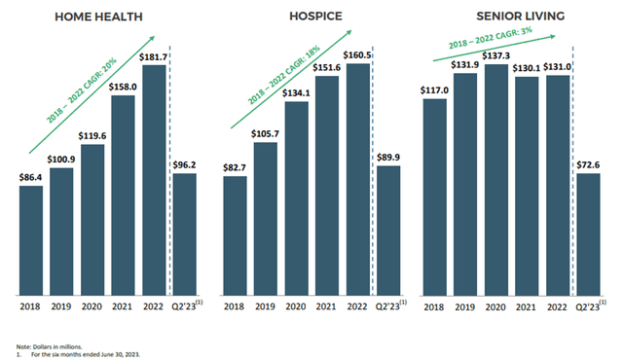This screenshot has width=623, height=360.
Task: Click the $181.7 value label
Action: (x=154, y=57)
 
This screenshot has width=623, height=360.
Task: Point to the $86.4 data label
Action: (x=31, y=177)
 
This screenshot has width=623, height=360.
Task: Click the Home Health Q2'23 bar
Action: (x=185, y=234)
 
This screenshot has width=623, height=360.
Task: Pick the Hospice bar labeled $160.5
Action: (x=357, y=179)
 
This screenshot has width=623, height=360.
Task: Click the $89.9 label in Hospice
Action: (x=388, y=158)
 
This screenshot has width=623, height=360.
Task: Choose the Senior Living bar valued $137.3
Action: (x=497, y=179)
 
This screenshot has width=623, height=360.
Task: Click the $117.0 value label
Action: (x=435, y=90)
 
